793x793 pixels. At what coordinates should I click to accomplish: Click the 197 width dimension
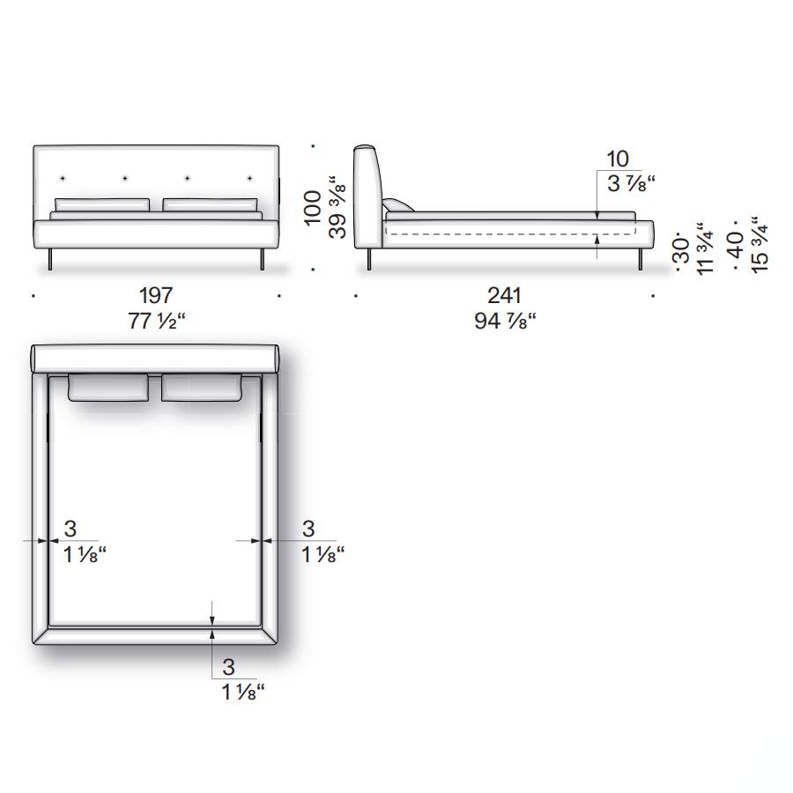tap(156, 295)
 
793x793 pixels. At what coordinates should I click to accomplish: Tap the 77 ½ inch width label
tap(157, 321)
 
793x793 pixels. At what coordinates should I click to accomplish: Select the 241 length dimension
tap(504, 295)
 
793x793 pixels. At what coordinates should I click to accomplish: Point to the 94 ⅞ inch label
tap(505, 321)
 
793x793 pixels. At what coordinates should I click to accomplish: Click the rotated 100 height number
tap(313, 207)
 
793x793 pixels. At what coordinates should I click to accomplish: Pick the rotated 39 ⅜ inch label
tap(337, 207)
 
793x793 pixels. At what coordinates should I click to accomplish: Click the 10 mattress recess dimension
tap(618, 159)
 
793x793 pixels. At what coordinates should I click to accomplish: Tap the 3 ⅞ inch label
tap(631, 183)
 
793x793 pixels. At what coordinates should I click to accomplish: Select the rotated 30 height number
tap(682, 250)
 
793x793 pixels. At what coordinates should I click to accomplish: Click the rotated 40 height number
tap(737, 244)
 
